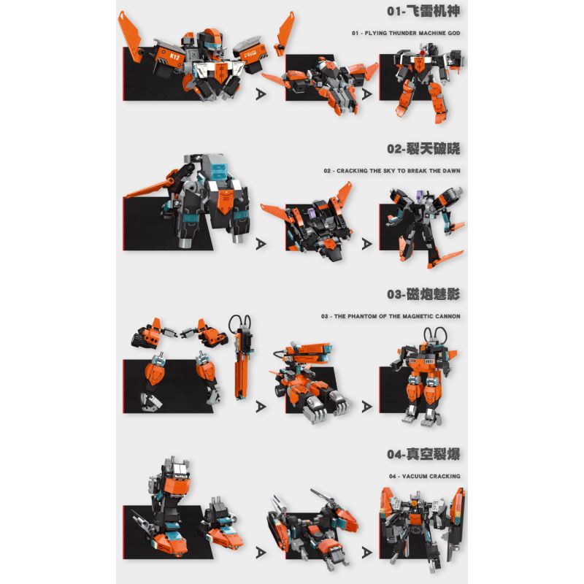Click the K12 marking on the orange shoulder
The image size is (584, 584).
coord(174,58)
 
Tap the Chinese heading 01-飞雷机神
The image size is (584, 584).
coord(423,11)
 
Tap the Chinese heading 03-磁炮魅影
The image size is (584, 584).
coord(423,294)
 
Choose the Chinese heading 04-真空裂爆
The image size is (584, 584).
coord(423,454)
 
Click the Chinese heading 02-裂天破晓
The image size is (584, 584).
coord(423,149)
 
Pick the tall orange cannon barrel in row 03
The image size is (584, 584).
coord(241,357)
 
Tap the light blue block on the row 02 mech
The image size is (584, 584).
coord(219,170)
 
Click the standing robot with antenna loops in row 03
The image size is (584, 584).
coord(423,376)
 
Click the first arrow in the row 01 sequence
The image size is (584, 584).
coord(261,94)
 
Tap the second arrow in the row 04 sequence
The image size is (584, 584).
coord(367,553)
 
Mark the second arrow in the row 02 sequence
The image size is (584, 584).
coord(367,244)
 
